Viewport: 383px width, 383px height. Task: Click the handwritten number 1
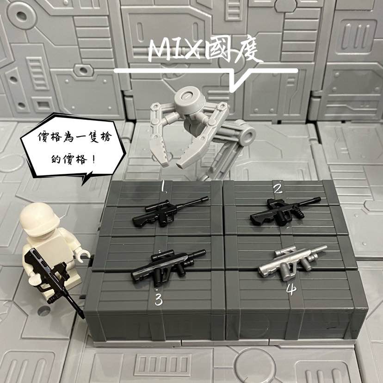(x=163, y=186)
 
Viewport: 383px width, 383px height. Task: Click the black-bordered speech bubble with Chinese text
(x=74, y=147)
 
